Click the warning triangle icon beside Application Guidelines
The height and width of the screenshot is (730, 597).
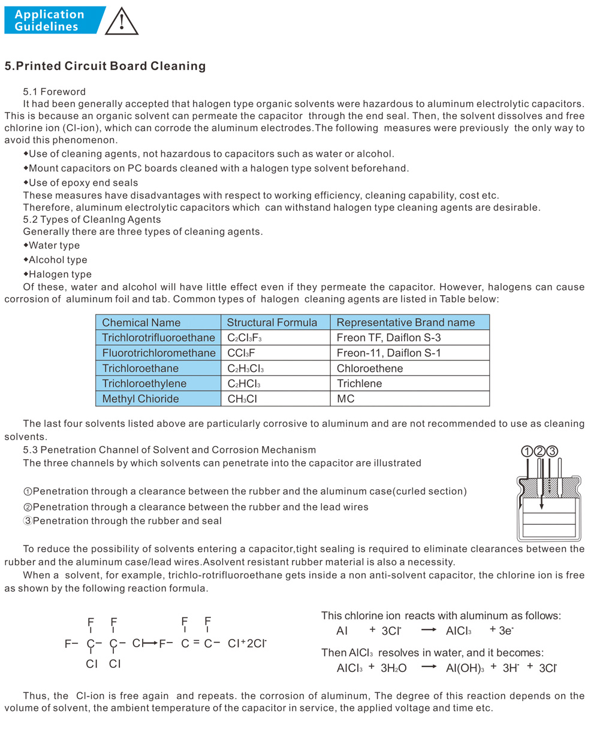coord(122,22)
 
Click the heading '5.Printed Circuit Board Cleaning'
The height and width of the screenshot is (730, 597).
coord(105,66)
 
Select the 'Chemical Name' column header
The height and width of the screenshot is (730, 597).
coord(141,322)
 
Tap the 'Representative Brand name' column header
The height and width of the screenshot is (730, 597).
coord(405,322)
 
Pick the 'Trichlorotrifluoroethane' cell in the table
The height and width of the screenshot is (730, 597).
coord(158,338)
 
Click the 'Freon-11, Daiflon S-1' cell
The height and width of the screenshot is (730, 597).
coord(388,353)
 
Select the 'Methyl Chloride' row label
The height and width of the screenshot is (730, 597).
coord(140,398)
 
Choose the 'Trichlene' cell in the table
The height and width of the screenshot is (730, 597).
coord(359,383)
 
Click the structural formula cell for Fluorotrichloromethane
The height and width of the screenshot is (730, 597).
coord(241,353)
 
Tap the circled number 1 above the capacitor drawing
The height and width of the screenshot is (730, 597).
coord(527,451)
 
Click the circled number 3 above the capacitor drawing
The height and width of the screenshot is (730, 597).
coord(552,451)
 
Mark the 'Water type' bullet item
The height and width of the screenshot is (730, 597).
coord(54,246)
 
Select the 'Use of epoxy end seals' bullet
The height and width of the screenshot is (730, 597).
coord(83,183)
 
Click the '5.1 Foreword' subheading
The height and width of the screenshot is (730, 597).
coord(54,92)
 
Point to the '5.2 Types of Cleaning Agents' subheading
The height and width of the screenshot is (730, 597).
coord(92,220)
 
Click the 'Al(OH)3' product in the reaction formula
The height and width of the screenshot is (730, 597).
coord(465,668)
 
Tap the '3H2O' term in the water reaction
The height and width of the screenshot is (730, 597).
coord(393,668)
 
